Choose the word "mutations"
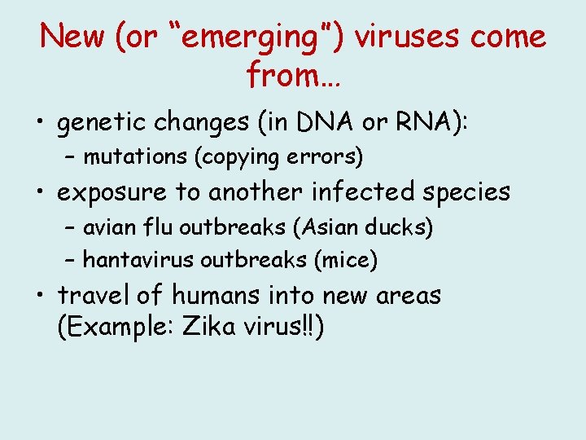point(130,155)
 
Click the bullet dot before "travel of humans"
point(40,296)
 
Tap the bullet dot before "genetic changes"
point(40,123)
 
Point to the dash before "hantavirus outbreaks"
point(71,261)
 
